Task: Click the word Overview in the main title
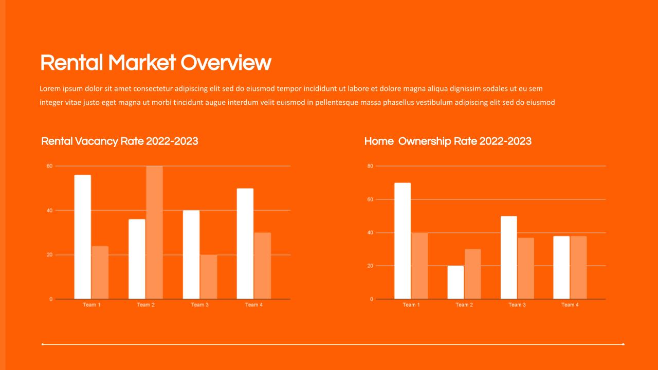point(226,63)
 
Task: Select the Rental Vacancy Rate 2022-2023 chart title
point(120,141)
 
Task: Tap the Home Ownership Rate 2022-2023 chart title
point(448,141)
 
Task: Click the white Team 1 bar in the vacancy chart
point(83,237)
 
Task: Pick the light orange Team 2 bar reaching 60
point(155,233)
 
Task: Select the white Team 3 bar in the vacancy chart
point(191,254)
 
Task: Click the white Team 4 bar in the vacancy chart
point(245,244)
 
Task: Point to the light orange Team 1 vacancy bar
point(100,272)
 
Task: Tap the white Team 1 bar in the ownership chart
point(403,241)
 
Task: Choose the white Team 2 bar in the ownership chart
point(455,283)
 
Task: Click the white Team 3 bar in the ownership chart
point(509,257)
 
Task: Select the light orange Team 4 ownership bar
point(579,268)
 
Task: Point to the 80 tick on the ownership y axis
point(370,166)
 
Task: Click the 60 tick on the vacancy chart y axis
point(50,166)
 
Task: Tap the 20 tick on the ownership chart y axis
point(370,266)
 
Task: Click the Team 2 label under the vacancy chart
point(145,305)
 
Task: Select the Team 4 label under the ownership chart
point(570,305)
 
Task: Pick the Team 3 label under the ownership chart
point(517,305)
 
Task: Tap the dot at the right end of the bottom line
point(623,344)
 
